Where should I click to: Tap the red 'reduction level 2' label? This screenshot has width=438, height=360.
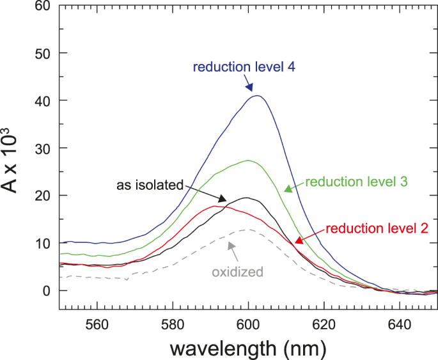click(372, 228)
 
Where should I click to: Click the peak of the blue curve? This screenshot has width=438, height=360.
click(257, 96)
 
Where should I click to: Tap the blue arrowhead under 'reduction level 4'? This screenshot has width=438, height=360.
click(249, 88)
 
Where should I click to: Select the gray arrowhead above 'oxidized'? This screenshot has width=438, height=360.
click(231, 245)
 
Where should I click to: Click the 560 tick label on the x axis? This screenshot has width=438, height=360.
click(98, 324)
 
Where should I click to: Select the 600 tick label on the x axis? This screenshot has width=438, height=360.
click(248, 324)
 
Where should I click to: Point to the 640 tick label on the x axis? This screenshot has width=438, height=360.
click(400, 324)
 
